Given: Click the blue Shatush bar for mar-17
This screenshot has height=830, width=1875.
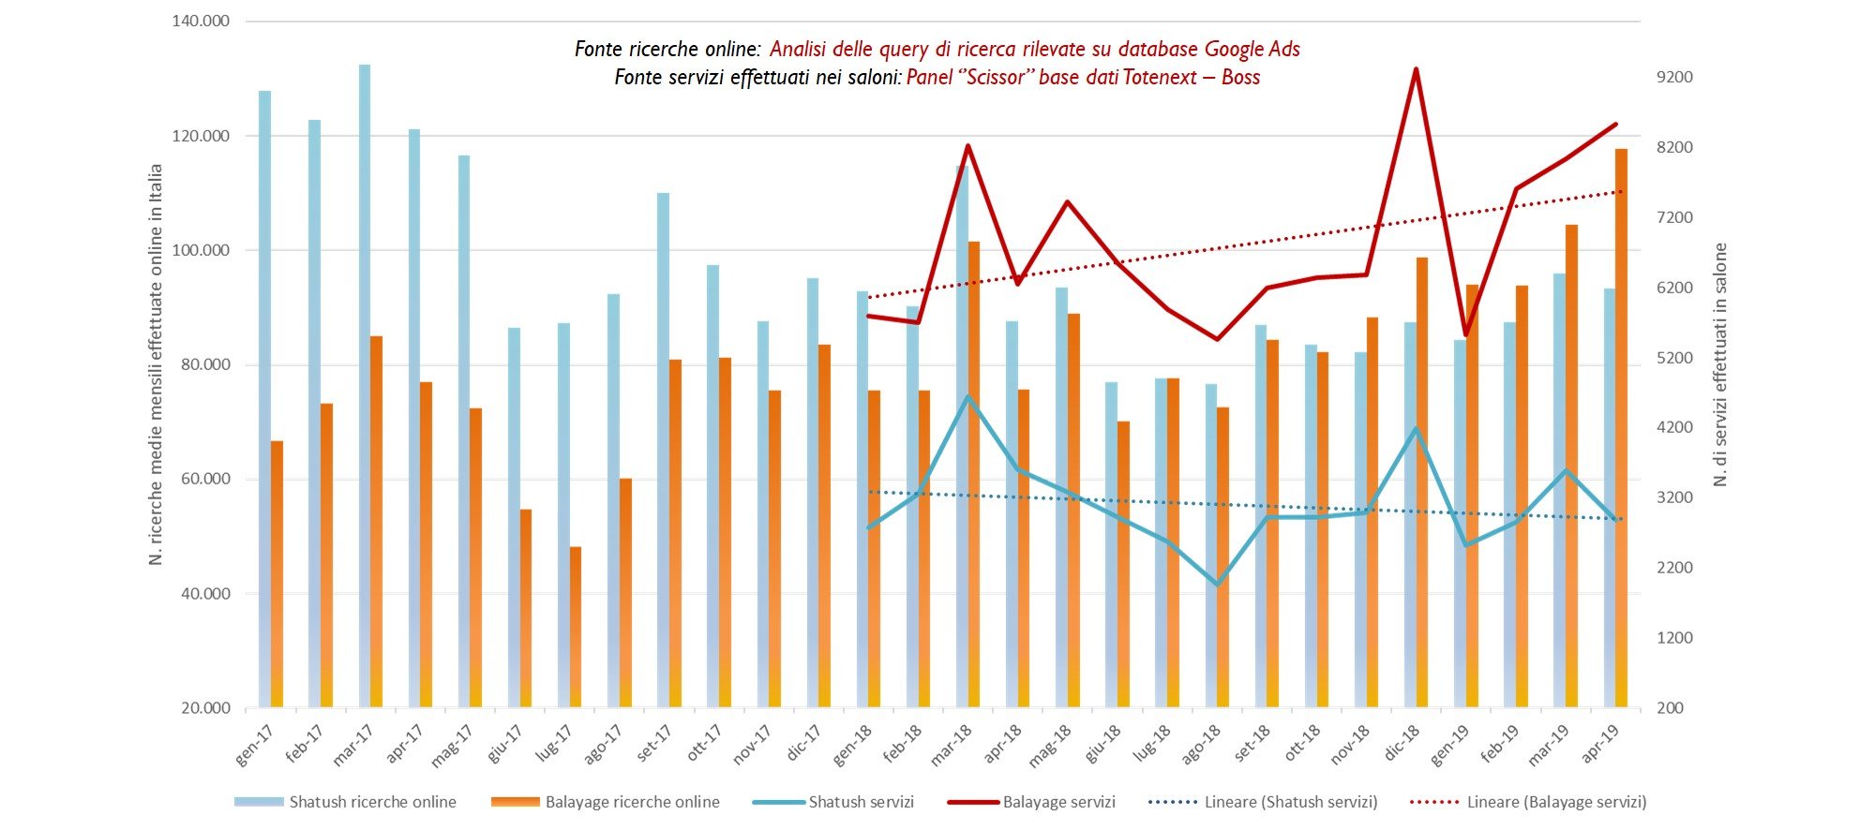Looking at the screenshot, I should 364,384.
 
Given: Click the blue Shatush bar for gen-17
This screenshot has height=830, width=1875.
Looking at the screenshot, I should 264,398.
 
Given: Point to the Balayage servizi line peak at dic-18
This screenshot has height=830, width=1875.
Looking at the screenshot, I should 1416,69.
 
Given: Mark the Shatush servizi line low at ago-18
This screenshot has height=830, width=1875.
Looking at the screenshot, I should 1217,585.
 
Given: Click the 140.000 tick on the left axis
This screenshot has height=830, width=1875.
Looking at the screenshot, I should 201,22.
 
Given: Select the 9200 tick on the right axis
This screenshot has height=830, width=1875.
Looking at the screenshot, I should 1674,77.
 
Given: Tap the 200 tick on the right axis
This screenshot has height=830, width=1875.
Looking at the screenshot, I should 1670,707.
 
